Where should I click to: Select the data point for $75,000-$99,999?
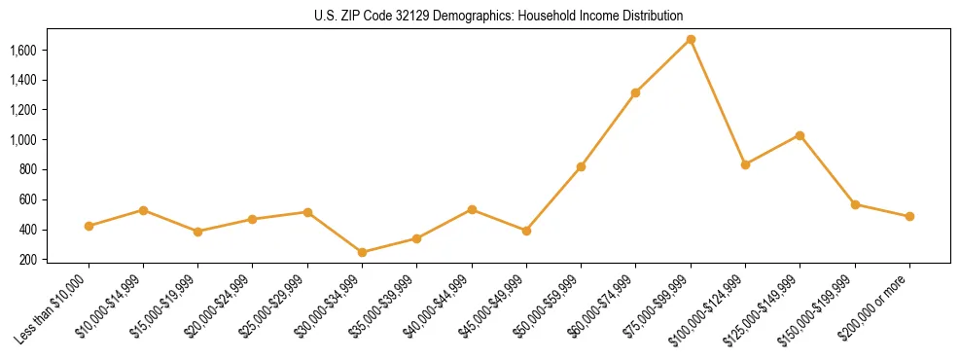(691, 40)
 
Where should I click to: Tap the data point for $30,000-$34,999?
(363, 253)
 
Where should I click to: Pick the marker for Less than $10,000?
(89, 226)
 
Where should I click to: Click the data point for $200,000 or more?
(909, 216)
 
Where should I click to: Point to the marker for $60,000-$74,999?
(636, 92)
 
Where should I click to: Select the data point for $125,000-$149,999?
(800, 135)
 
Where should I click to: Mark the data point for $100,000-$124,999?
(745, 164)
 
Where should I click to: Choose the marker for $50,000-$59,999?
(581, 166)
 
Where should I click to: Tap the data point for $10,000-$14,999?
(144, 210)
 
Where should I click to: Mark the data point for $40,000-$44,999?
(472, 209)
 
